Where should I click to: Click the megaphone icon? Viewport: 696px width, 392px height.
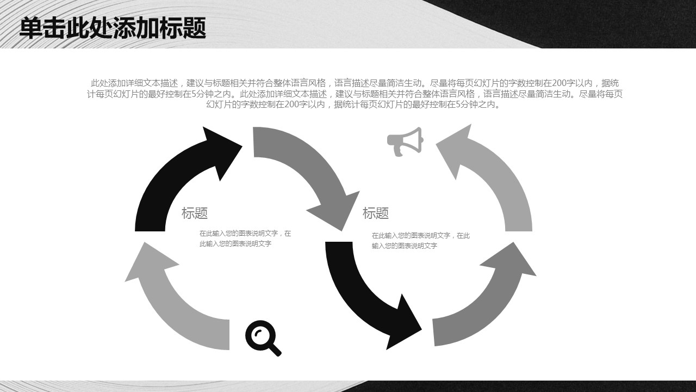pyautogui.click(x=405, y=142)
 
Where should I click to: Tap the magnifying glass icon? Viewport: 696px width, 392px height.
pyautogui.click(x=262, y=338)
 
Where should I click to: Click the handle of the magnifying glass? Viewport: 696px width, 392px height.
pyautogui.click(x=274, y=348)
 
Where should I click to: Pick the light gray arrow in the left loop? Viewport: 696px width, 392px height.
pyautogui.click(x=169, y=299)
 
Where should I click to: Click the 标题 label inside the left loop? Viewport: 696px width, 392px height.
pyautogui.click(x=195, y=213)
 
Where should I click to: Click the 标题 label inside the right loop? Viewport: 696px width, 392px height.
pyautogui.click(x=376, y=213)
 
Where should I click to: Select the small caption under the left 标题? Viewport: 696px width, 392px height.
pyautogui.click(x=245, y=238)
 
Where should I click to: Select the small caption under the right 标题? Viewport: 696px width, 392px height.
pyautogui.click(x=420, y=241)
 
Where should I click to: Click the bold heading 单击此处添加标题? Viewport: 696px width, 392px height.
pyautogui.click(x=113, y=28)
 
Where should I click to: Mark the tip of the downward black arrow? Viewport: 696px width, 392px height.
pyautogui.click(x=420, y=328)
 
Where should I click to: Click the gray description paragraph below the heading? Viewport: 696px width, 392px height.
pyautogui.click(x=355, y=94)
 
